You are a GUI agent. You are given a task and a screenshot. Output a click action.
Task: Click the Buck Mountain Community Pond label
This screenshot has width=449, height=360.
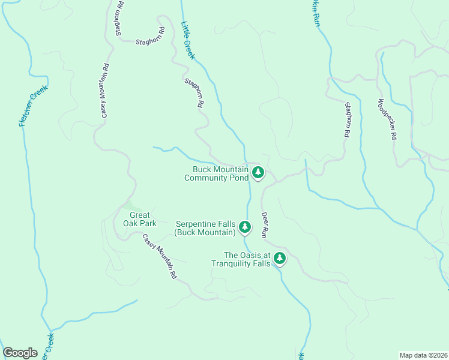coord(217,173)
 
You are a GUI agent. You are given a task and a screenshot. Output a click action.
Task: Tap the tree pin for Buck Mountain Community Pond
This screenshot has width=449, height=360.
coord(258,173)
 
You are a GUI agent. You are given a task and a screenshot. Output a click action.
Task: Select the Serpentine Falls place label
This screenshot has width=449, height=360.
coord(204,227)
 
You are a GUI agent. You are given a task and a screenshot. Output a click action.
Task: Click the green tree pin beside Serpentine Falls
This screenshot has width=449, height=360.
coord(244,227)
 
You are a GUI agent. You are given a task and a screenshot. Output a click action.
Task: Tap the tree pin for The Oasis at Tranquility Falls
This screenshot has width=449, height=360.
coord(279,259)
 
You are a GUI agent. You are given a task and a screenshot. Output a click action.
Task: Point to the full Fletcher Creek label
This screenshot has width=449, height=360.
coord(32,106)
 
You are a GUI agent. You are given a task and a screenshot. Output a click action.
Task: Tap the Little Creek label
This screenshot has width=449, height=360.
coord(188,41)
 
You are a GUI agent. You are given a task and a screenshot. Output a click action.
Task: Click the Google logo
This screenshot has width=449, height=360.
coord(20,353)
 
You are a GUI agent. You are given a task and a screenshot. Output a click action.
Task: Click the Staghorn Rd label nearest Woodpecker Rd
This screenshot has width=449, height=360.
coord(346,120)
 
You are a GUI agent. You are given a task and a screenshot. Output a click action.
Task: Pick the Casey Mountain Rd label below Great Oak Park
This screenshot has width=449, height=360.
coord(159,256)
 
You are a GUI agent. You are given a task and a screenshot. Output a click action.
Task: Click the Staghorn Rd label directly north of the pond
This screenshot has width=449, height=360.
coord(193,93)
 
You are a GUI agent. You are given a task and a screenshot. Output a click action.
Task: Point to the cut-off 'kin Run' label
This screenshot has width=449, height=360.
coord(314,13)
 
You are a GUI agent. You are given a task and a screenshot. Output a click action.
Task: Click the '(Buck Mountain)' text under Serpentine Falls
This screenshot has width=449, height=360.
coord(204,232)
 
